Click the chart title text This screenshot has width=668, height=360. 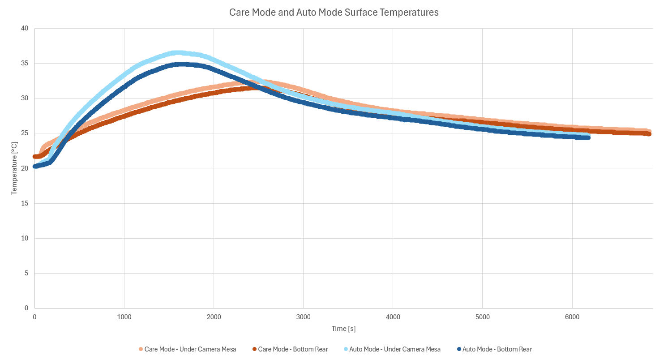click(334, 13)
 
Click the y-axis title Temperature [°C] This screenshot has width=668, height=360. click(14, 168)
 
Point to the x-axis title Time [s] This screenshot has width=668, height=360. click(344, 329)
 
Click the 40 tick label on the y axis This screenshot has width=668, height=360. click(24, 28)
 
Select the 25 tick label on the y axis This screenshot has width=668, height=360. click(24, 133)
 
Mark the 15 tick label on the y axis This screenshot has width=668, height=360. click(24, 203)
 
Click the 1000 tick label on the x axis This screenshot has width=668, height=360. click(124, 317)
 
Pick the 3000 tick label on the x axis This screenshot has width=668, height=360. click(303, 317)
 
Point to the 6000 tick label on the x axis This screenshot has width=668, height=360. click(572, 317)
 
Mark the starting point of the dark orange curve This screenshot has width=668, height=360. click(35, 157)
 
